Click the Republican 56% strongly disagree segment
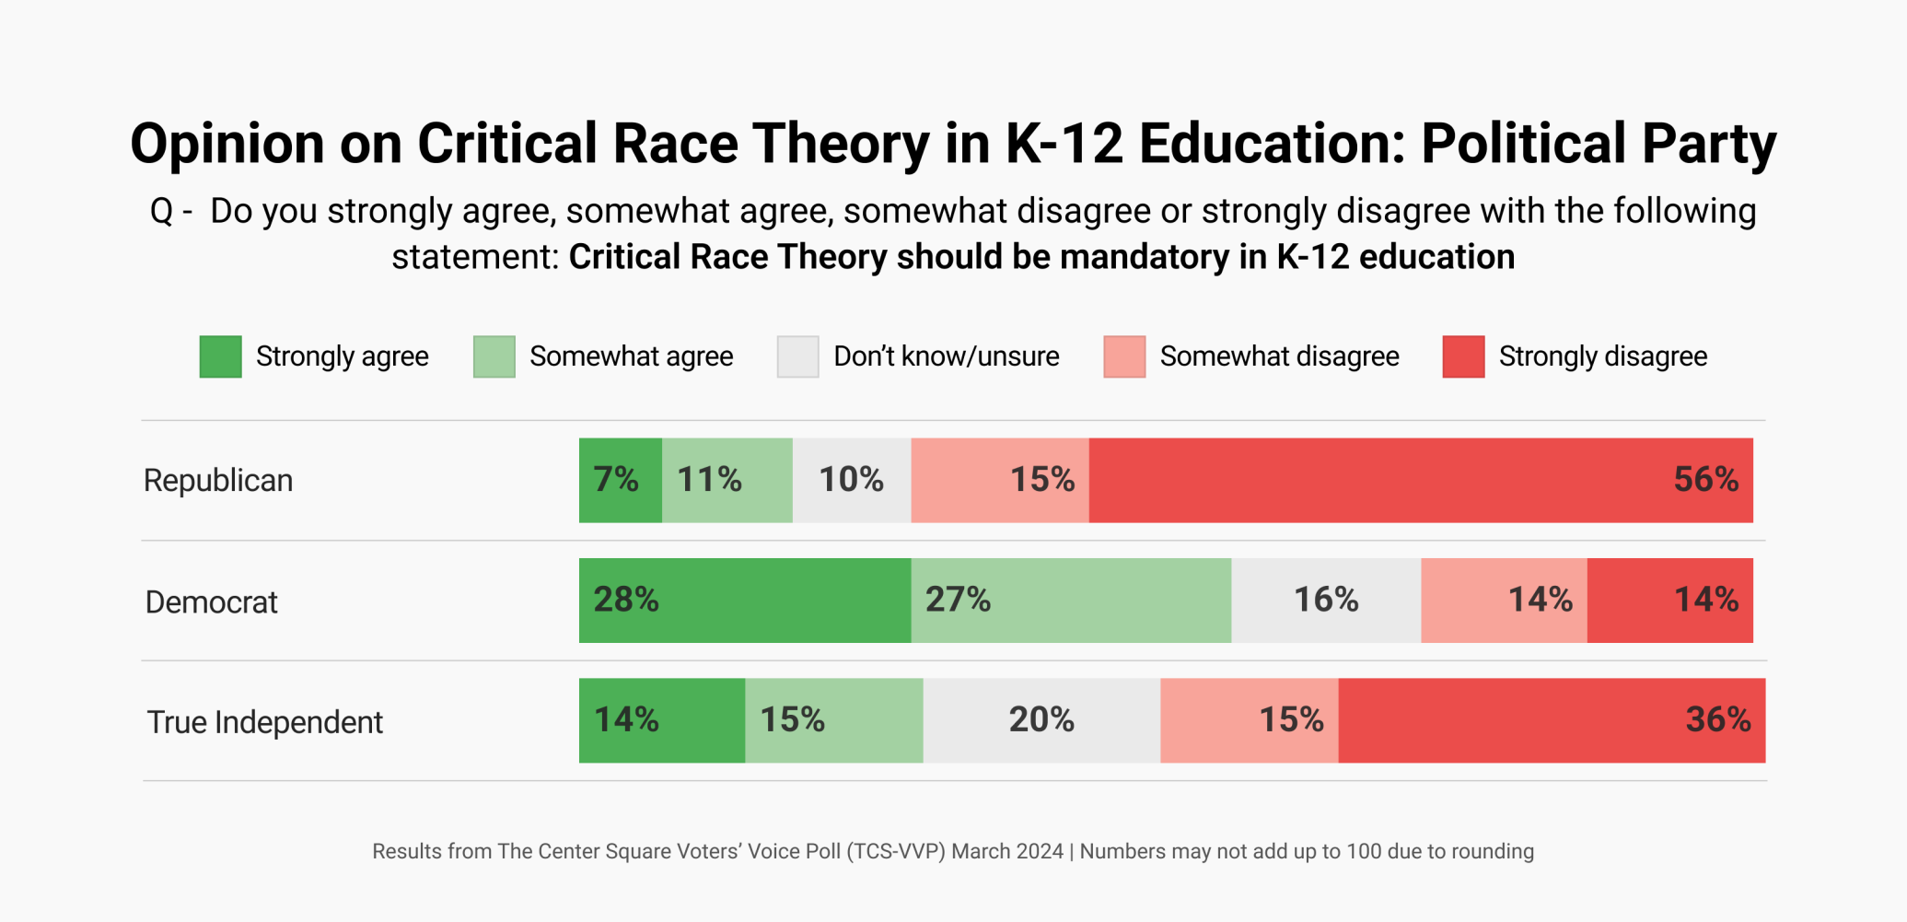[x=1420, y=480]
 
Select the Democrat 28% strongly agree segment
[x=744, y=600]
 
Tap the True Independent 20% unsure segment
[x=1041, y=720]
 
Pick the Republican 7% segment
[x=620, y=480]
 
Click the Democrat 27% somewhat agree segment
[x=1070, y=600]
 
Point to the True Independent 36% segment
[x=1551, y=720]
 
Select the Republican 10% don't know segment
[x=851, y=480]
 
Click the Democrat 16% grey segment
[x=1325, y=600]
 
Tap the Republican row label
[x=218, y=481]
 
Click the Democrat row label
[x=211, y=602]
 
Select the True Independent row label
[x=264, y=722]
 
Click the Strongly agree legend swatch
[x=220, y=356]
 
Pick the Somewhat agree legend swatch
[x=494, y=356]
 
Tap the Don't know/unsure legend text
[x=946, y=356]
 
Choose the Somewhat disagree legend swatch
[x=1123, y=356]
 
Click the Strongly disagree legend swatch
[x=1462, y=356]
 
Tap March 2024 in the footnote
[x=1006, y=851]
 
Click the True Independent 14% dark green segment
[x=661, y=720]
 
